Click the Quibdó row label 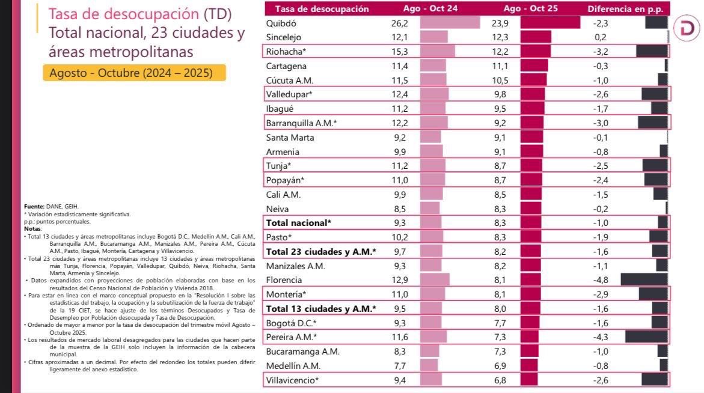(281, 23)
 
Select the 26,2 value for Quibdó (400, 23)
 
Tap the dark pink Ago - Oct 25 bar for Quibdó (549, 23)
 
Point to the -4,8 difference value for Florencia (601, 279)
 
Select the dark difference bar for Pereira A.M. (646, 337)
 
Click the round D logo (686, 28)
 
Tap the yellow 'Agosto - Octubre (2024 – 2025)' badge (135, 73)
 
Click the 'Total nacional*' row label (299, 222)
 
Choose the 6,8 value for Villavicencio (500, 379)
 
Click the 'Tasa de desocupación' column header (322, 9)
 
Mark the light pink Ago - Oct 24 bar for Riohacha (437, 51)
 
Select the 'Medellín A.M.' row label (293, 365)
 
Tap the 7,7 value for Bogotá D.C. (500, 322)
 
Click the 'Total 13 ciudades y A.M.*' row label (321, 308)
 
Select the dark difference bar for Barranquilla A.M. (652, 123)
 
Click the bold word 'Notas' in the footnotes (32, 228)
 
